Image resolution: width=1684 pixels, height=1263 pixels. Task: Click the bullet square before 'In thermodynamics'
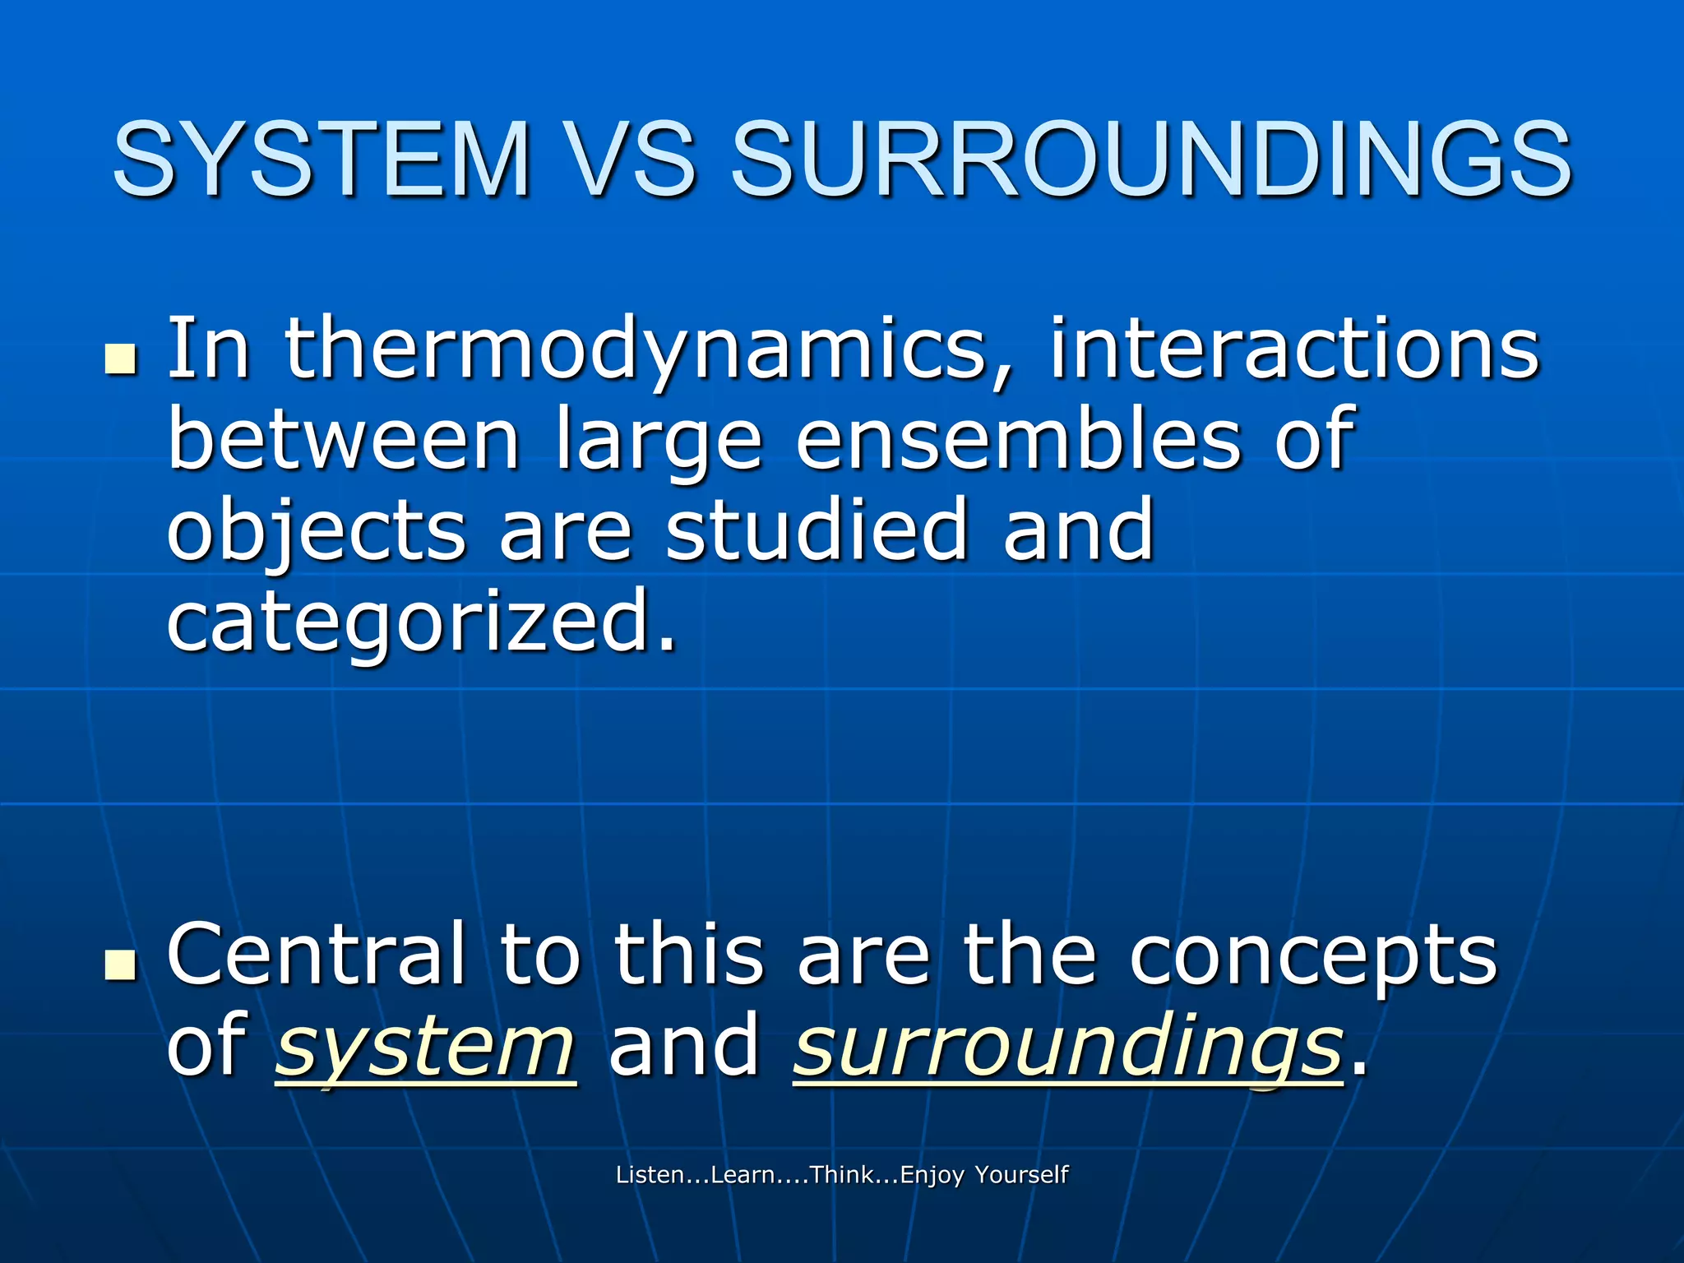121,360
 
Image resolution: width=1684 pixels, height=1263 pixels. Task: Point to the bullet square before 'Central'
121,965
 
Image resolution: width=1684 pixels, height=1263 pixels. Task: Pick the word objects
317,534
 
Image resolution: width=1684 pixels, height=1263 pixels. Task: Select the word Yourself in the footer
1021,1174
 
